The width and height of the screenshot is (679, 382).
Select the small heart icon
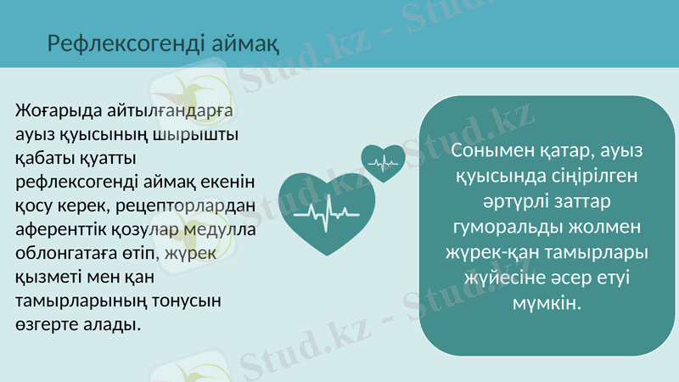click(384, 161)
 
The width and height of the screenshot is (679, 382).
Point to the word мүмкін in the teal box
click(547, 303)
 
